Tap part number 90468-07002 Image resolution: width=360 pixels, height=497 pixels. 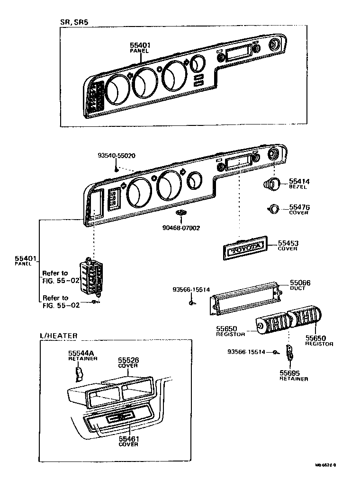181,228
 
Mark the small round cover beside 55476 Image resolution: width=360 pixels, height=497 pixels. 273,208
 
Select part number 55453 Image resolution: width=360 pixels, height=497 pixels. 288,243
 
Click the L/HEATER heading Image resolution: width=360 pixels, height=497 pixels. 58,336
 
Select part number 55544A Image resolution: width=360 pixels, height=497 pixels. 82,353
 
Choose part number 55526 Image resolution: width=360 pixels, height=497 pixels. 128,360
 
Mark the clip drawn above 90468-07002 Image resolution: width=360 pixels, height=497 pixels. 180,213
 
